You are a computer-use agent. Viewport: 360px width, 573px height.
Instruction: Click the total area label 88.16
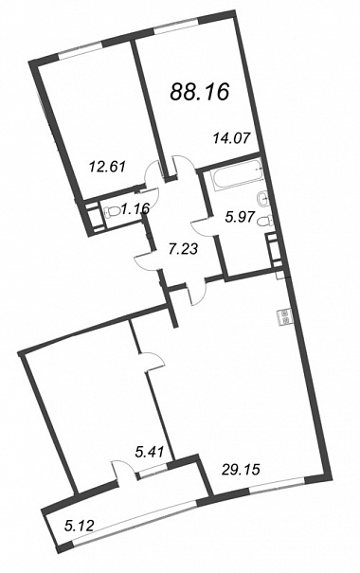tap(200, 91)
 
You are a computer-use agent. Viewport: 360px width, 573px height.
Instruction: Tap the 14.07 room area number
tap(232, 138)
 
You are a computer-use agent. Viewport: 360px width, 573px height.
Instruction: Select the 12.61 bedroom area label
tap(107, 168)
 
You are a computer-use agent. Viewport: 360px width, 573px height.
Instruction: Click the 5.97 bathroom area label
tap(240, 218)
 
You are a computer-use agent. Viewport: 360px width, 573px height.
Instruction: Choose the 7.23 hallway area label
tap(184, 250)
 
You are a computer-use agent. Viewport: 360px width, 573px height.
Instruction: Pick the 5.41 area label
tap(149, 454)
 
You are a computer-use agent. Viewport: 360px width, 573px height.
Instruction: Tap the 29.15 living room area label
tap(241, 469)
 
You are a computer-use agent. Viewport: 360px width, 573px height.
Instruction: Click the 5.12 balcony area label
tap(79, 527)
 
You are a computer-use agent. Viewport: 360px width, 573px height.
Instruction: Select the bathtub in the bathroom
tap(238, 174)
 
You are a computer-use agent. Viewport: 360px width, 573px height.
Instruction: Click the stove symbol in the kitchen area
tap(285, 317)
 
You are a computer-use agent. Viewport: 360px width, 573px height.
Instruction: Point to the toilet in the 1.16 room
tap(113, 212)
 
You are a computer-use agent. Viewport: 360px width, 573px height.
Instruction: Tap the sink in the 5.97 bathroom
tap(263, 198)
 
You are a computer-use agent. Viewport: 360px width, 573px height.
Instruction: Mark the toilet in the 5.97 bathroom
tap(264, 222)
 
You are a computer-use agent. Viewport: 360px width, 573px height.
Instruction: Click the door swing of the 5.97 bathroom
tap(203, 227)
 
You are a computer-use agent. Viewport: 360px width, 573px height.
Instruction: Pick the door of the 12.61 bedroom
tap(152, 175)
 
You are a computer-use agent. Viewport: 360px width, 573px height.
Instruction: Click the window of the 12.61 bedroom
tap(80, 49)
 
